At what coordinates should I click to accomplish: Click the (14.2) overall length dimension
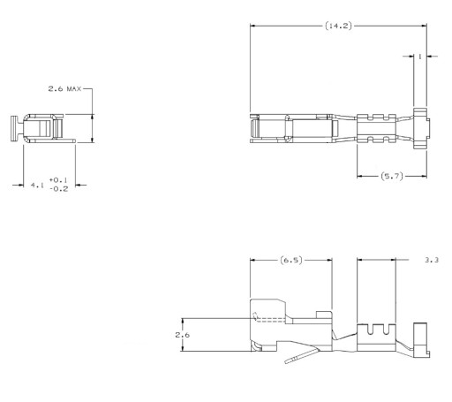point(338,26)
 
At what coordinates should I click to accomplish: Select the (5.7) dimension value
point(392,176)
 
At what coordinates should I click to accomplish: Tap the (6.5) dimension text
point(291,260)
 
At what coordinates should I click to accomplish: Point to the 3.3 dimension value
point(432,260)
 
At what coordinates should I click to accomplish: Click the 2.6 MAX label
point(64,88)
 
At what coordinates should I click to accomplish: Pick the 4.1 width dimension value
point(37,186)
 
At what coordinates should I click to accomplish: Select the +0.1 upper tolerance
point(58,179)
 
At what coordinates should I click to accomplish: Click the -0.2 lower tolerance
point(59,189)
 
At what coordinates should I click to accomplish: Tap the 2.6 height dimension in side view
point(183,335)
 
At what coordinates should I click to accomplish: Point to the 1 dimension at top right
point(420,57)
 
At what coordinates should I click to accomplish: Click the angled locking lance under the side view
point(302,355)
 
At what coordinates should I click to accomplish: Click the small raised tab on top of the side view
point(324,315)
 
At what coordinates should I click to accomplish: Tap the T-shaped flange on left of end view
point(14,128)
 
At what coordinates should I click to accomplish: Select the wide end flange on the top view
point(420,129)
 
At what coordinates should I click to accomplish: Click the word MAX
point(74,88)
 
